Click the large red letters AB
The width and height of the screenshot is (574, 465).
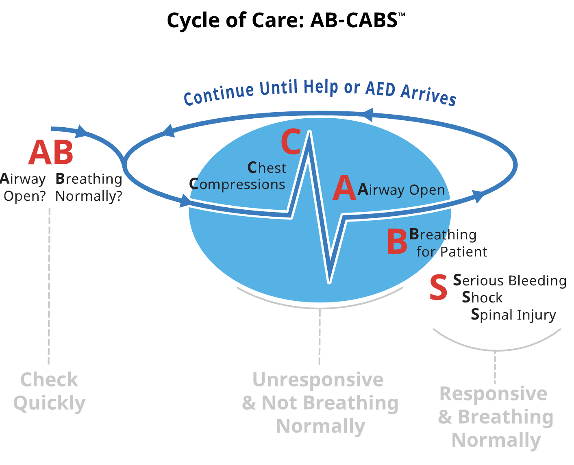pos(51,153)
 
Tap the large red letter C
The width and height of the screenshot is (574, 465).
pos(291,142)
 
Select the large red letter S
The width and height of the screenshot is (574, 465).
pos(439,288)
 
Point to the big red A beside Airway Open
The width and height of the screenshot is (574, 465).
pos(344,189)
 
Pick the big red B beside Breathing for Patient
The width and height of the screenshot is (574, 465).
pos(397,241)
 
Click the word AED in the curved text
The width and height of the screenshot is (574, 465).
pos(380,88)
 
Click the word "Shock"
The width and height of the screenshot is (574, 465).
pos(482,298)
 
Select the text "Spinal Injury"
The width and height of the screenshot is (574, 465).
pos(513,315)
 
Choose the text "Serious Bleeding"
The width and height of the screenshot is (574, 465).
pos(510,280)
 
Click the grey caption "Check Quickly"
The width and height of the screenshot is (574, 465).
pos(49,391)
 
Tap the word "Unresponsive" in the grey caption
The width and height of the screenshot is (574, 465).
pos(318,380)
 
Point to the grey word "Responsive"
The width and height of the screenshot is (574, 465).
pos(494,394)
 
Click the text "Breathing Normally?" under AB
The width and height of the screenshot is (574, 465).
pos(89,187)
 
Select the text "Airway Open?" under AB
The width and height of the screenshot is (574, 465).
pos(23,187)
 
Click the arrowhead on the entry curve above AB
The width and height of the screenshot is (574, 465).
pos(82,131)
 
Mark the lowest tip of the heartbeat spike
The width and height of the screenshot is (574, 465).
pos(330,281)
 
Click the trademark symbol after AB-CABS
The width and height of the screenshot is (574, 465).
pos(401,15)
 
